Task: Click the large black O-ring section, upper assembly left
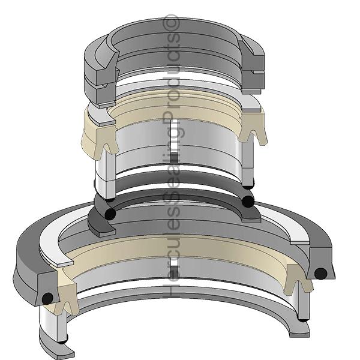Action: point(109,214)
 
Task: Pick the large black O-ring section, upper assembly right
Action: point(248,201)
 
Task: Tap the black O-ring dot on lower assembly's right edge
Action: point(320,273)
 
